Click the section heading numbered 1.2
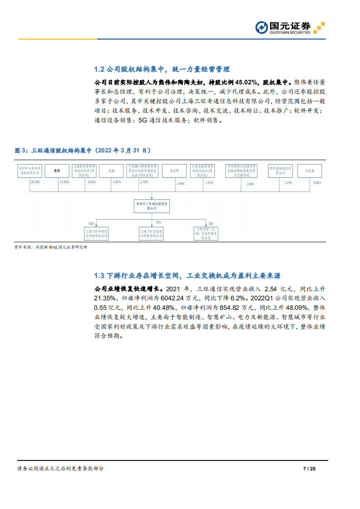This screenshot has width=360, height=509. [162, 69]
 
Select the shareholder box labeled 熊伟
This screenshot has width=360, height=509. [57, 171]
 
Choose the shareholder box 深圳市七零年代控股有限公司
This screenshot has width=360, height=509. [30, 171]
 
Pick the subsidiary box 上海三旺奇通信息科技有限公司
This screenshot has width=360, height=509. [97, 233]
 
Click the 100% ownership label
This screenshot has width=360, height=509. [91, 224]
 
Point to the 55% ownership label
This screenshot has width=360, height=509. [158, 223]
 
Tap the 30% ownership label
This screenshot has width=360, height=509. [211, 224]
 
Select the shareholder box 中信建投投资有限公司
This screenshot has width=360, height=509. [280, 171]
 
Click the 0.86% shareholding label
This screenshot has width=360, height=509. [317, 182]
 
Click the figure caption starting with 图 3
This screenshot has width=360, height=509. [83, 150]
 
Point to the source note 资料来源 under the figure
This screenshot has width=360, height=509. [50, 247]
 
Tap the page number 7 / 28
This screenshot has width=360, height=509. [308, 468]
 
